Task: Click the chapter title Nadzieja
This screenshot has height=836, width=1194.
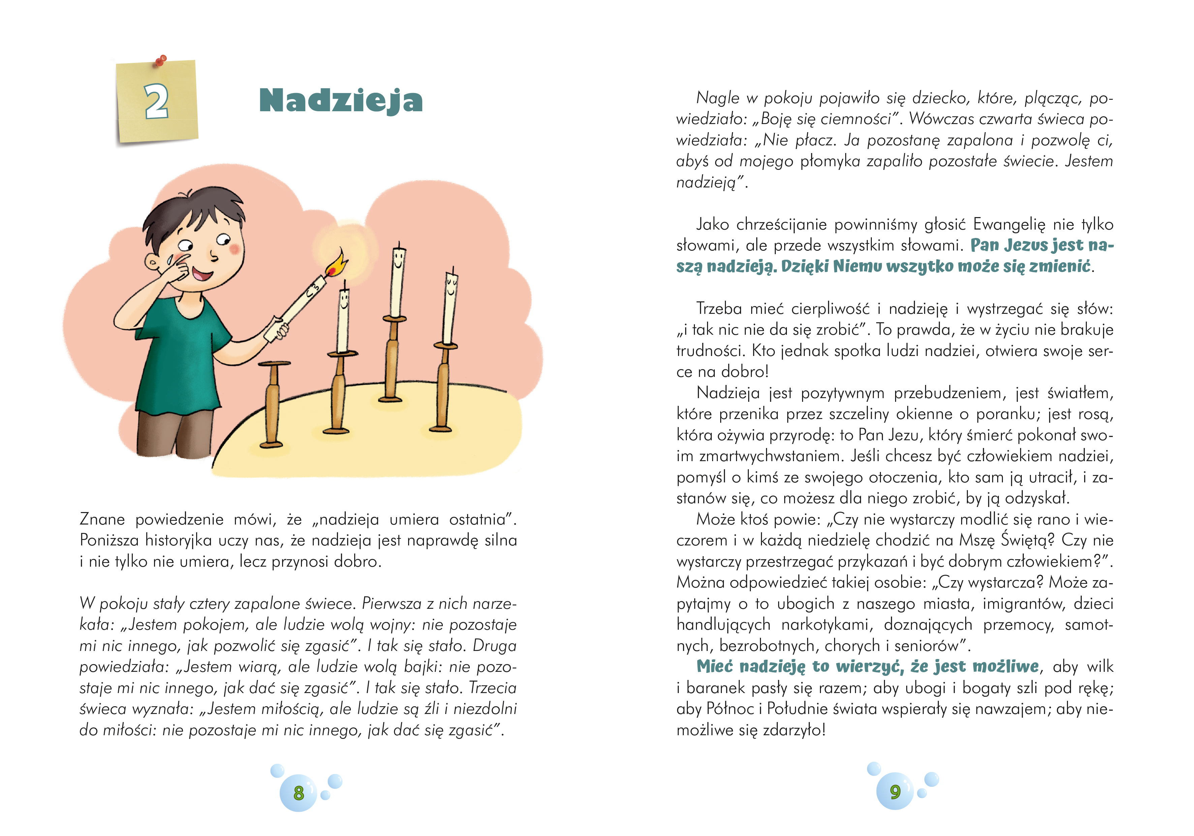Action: tap(341, 100)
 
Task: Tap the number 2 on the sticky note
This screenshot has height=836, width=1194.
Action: tap(156, 101)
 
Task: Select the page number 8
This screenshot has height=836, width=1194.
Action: tap(299, 793)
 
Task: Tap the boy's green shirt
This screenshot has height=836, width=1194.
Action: tap(179, 354)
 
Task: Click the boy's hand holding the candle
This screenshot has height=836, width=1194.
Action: tap(277, 331)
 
